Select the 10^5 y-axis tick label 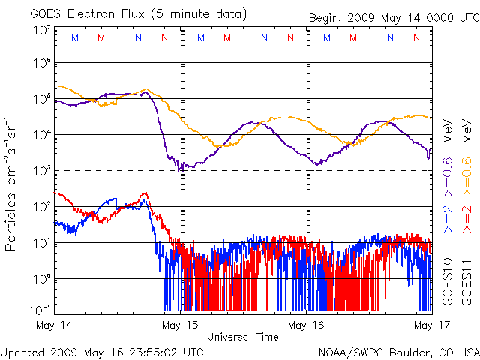tap(42, 98)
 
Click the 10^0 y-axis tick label tap(42, 279)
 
